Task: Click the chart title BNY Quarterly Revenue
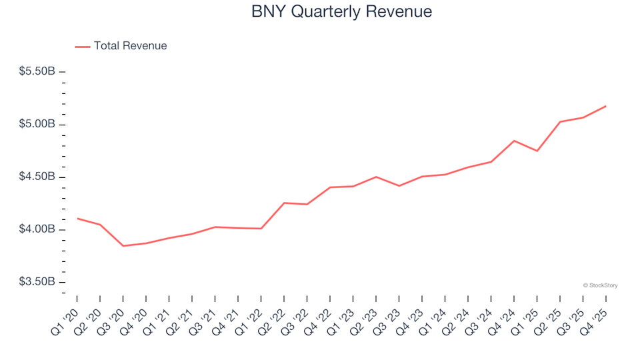[x=341, y=12]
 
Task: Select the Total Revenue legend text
[x=130, y=46]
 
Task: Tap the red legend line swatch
[x=82, y=47]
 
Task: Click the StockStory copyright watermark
[x=600, y=285]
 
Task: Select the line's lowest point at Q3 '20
[x=123, y=246]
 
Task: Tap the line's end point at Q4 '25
[x=605, y=106]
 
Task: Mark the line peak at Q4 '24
[x=514, y=141]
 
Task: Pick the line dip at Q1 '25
[x=537, y=151]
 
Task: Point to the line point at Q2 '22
[x=284, y=203]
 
